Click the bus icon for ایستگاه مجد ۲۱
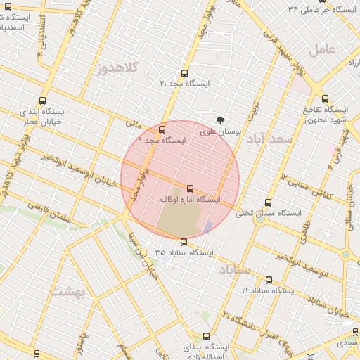coord(185,73)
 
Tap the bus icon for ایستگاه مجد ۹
coord(162,129)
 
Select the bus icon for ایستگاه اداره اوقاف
coord(191,188)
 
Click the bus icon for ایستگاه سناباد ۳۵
coord(184,242)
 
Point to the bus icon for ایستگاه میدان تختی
coord(267,202)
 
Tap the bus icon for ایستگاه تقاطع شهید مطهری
coord(325,99)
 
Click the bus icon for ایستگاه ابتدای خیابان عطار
coord(43,101)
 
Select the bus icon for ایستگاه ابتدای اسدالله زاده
coord(205,336)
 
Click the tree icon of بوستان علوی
coord(221,120)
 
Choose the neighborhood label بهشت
coord(70,290)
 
